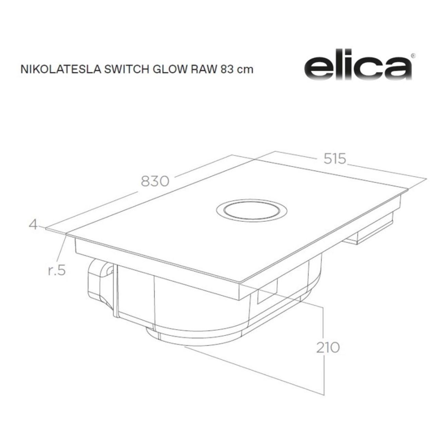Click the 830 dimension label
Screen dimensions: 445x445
click(x=155, y=181)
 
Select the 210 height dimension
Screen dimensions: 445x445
click(x=328, y=347)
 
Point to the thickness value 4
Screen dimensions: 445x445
click(x=33, y=225)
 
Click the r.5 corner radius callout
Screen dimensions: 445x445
click(x=56, y=270)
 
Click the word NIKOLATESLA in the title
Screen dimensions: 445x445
click(x=61, y=69)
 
